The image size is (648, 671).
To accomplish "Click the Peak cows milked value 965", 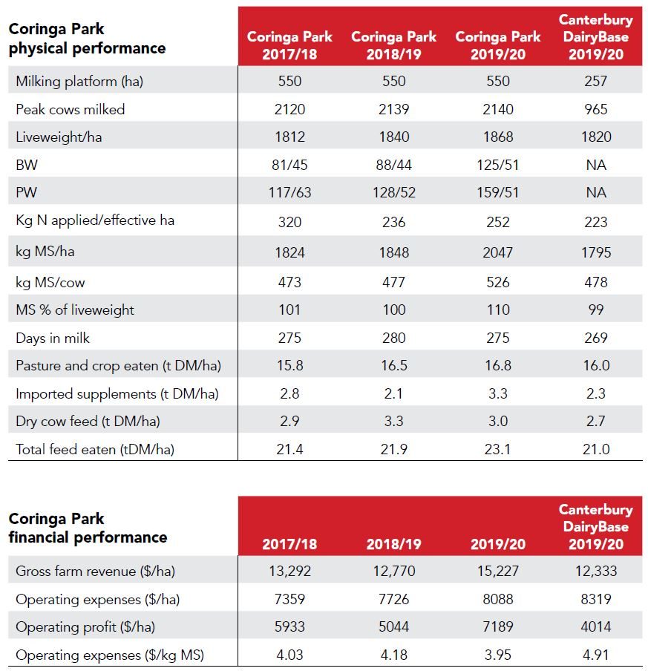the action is click(596, 109).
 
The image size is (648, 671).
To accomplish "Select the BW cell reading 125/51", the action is click(498, 165).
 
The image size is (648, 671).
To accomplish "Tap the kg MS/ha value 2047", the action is click(498, 252).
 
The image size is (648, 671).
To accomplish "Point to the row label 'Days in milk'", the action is click(53, 338).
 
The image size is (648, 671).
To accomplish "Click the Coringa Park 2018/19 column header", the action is click(393, 45).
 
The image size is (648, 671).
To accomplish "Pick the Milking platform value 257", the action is click(596, 81).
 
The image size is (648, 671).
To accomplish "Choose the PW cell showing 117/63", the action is click(289, 192).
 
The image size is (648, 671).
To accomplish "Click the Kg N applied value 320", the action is click(289, 222).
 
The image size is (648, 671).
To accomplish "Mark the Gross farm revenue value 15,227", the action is click(498, 571).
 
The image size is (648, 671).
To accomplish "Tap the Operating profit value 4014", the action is click(596, 627).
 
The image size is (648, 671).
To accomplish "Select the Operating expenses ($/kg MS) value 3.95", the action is click(498, 655).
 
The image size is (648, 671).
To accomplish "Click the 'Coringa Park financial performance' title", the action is click(88, 528).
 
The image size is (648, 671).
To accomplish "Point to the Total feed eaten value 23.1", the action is click(498, 449).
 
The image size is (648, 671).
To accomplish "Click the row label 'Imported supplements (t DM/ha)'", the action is click(117, 393).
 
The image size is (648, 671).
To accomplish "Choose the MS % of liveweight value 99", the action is click(596, 310).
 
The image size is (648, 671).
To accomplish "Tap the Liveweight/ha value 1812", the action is click(289, 137).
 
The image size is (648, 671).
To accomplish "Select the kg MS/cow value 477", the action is click(393, 283).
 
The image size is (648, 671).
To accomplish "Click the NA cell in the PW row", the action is click(596, 192).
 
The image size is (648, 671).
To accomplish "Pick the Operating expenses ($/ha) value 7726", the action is click(393, 599).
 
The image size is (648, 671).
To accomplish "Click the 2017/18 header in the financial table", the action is click(289, 544).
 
